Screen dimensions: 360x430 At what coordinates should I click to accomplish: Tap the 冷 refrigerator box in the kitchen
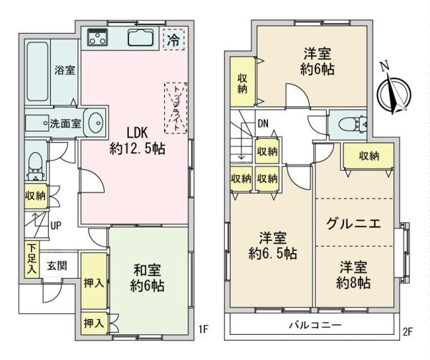point(172,39)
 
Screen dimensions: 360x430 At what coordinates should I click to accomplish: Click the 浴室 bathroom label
point(64,70)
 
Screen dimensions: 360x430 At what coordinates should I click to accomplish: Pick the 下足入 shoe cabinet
point(32,260)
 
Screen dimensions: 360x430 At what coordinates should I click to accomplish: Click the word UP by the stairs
point(55,225)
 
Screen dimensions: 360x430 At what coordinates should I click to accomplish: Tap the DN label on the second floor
point(264,123)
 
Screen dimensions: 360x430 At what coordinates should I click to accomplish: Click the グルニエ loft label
point(353,223)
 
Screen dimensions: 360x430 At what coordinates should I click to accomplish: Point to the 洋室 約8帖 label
point(355,274)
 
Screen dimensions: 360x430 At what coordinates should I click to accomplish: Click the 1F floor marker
point(203,331)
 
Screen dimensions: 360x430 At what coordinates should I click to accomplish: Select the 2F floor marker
point(408,331)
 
